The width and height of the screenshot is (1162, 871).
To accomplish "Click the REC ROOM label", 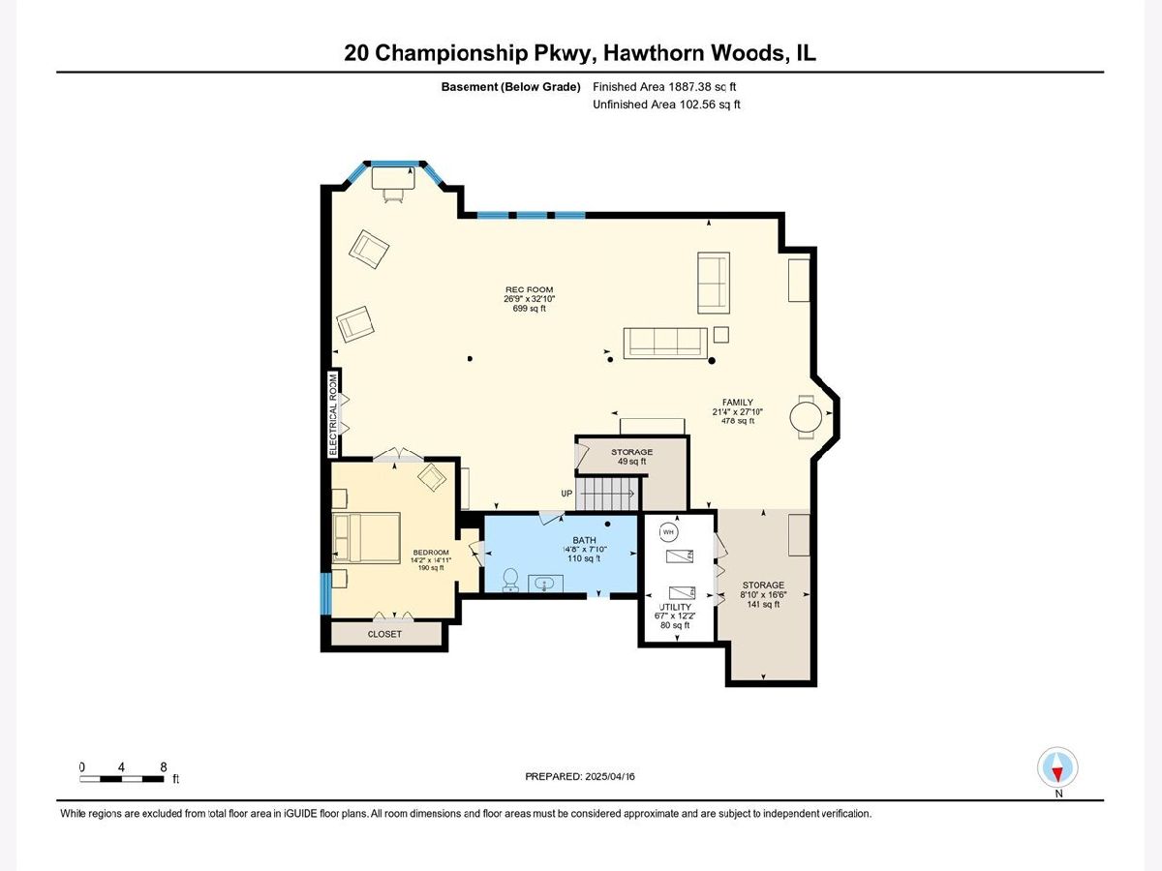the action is [529, 289].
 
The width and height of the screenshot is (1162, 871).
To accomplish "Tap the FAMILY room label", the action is [738, 403].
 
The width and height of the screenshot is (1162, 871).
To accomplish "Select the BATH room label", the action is [584, 540].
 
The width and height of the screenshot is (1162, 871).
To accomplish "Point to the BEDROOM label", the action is [431, 552].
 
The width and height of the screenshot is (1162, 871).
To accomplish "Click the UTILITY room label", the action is [675, 607].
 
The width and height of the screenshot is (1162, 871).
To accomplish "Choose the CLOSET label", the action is [384, 634].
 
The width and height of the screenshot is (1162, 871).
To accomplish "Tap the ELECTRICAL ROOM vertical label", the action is [333, 414].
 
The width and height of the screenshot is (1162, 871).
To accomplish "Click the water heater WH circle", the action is [668, 532].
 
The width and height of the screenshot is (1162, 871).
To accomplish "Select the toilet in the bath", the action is [510, 580].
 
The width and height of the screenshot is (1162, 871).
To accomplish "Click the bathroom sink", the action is [545, 584].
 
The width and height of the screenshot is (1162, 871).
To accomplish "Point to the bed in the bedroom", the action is [366, 538].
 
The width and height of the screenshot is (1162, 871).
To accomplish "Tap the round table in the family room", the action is [806, 417].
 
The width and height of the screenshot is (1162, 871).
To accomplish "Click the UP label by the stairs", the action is [566, 494].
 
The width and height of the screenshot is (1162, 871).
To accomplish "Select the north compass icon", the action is [1057, 767].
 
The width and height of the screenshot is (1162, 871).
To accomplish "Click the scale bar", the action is [122, 779].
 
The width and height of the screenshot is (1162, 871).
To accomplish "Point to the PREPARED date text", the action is [580, 777].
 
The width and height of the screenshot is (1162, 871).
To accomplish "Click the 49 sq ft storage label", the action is [631, 462].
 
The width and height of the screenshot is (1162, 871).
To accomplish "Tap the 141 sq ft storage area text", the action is [763, 604].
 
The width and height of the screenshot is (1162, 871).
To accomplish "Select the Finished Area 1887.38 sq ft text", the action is [664, 87].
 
